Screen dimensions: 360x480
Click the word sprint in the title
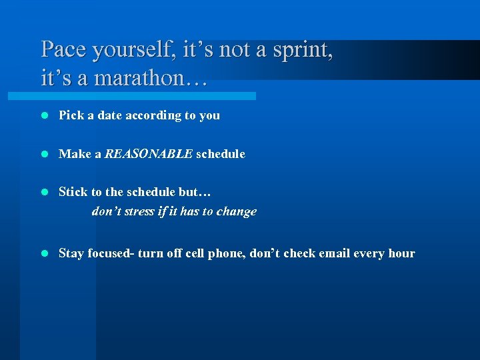tap(299, 50)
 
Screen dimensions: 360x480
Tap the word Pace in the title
tap(64, 50)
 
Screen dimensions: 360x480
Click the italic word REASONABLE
tap(148, 154)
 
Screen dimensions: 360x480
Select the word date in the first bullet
tap(110, 115)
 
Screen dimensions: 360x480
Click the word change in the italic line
tap(236, 212)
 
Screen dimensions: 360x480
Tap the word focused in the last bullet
tap(110, 253)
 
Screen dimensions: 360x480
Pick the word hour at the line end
tap(401, 253)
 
